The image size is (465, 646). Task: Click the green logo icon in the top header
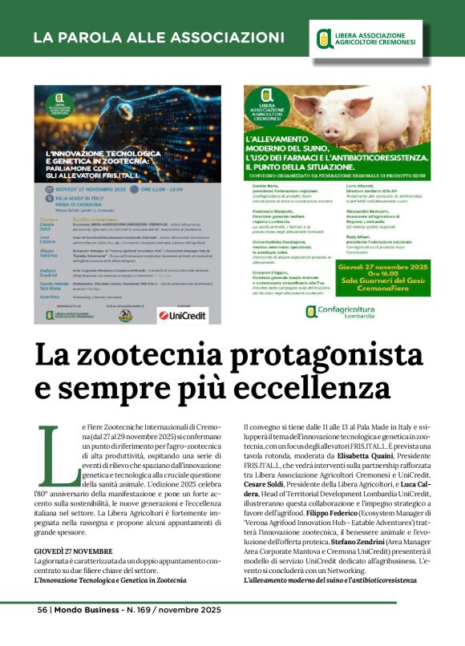(x=325, y=37)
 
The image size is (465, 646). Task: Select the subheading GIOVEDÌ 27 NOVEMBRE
(x=73, y=552)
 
